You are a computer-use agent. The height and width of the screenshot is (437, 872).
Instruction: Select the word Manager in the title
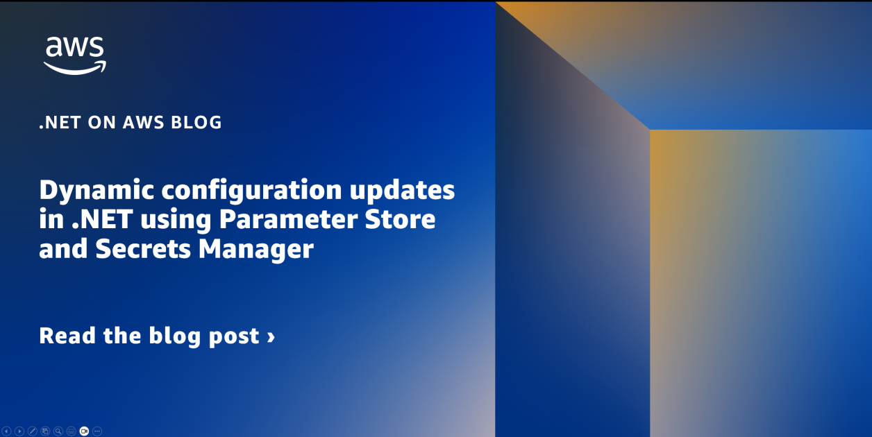(255, 249)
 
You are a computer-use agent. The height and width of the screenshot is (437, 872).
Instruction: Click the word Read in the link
(68, 336)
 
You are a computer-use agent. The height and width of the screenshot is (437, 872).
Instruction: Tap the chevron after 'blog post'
(271, 336)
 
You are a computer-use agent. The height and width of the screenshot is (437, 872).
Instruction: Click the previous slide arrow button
(6, 431)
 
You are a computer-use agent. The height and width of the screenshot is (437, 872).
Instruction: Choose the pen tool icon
(32, 431)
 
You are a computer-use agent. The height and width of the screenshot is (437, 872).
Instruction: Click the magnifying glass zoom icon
(58, 431)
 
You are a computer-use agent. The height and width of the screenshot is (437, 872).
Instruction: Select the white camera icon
(84, 431)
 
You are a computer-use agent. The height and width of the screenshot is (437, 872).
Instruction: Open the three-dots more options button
(97, 431)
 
